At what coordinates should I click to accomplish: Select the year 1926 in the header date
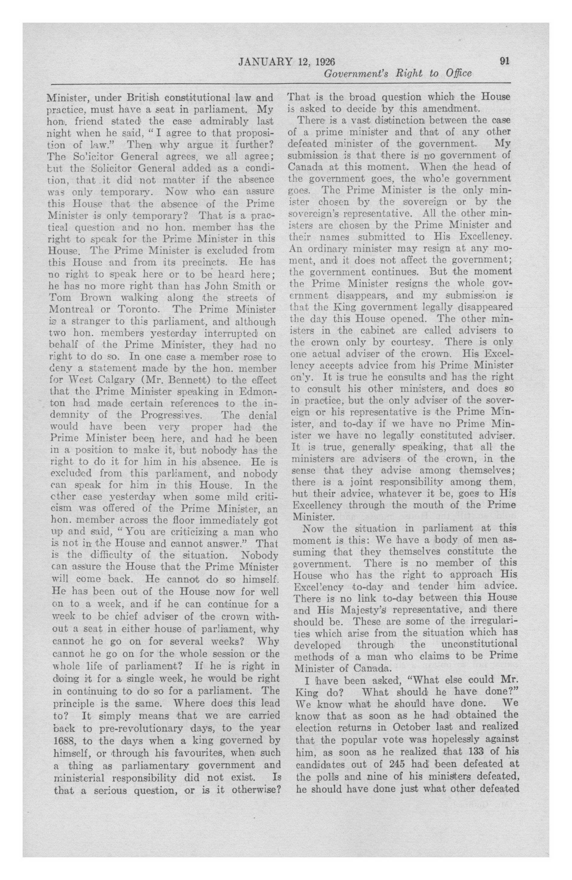(x=327, y=62)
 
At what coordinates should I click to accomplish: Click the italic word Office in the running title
(x=458, y=73)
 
